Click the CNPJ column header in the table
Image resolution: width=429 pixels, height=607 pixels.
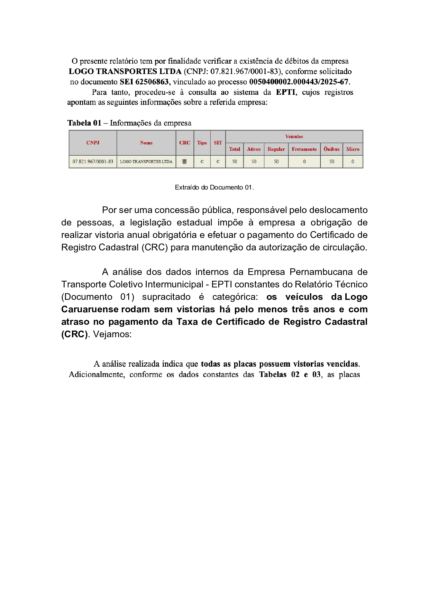[93, 142]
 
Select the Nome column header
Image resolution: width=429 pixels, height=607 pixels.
[146, 142]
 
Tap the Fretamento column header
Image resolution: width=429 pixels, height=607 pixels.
[304, 149]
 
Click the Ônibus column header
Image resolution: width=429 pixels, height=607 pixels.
[331, 149]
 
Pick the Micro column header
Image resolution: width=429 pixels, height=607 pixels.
[353, 149]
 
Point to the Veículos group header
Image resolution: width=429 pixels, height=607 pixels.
[294, 136]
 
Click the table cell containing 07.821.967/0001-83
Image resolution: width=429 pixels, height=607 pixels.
[93, 162]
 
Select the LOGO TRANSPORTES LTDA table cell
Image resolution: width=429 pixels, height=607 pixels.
[146, 162]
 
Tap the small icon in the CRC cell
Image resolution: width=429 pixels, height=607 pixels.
[184, 162]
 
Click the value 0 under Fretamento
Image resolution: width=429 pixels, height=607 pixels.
[304, 162]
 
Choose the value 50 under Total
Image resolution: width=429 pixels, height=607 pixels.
[234, 162]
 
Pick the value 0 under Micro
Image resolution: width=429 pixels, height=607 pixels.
[353, 162]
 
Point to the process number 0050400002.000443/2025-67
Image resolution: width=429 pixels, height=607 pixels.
[299, 82]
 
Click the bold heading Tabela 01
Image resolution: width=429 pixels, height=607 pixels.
[84, 123]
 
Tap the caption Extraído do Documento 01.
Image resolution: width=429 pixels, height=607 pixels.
[214, 187]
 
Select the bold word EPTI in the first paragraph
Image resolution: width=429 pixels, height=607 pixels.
[286, 92]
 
